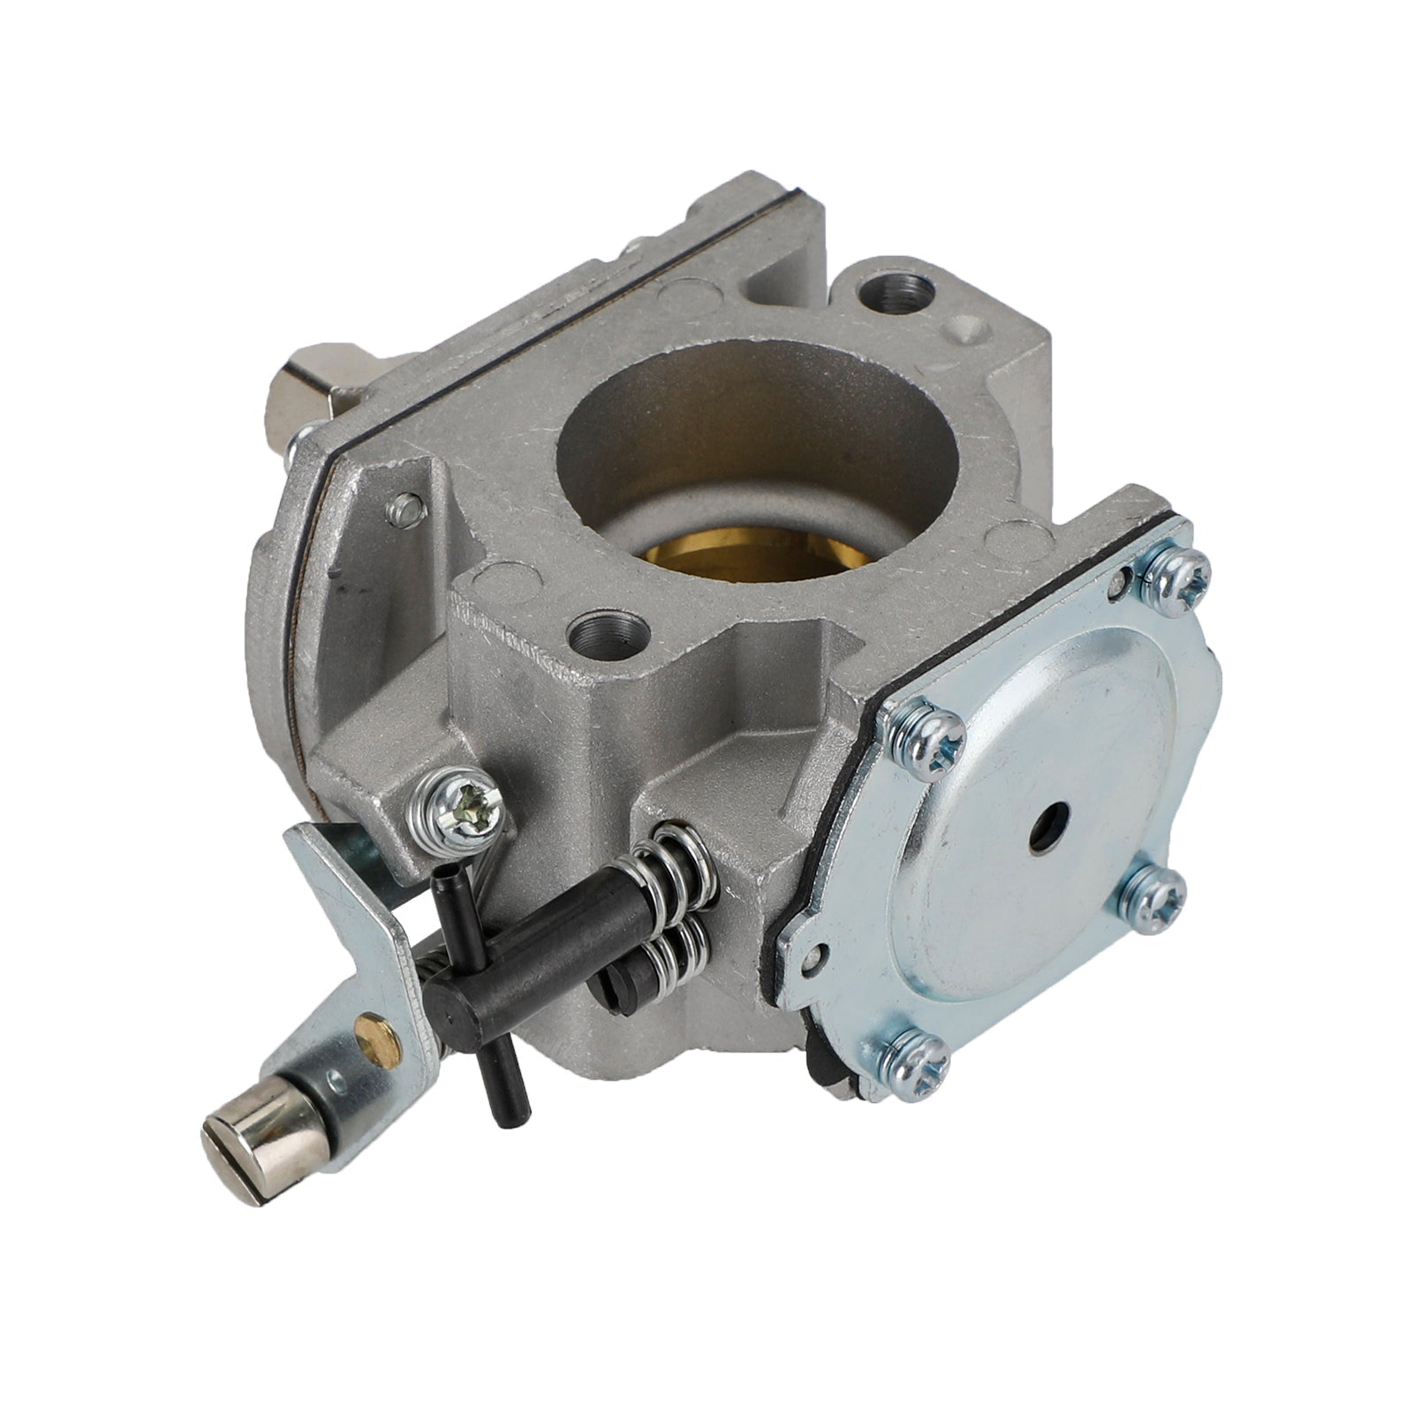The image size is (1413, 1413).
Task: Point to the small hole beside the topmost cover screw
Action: [1122, 578]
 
